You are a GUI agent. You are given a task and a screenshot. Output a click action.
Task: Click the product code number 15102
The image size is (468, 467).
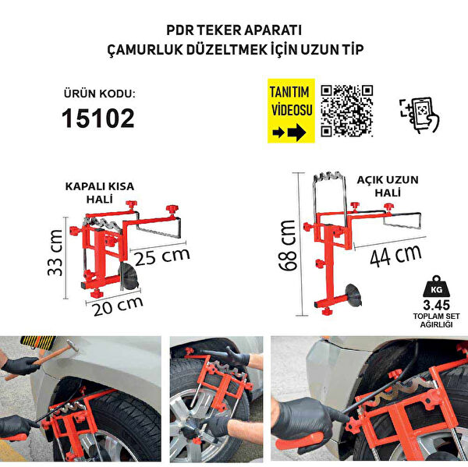[97, 118]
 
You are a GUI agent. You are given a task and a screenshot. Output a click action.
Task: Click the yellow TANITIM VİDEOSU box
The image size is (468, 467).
[291, 110]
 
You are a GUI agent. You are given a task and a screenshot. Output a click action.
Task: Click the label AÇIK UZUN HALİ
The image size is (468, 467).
[388, 185]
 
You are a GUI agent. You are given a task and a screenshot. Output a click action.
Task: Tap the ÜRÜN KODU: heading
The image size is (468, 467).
[98, 94]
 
